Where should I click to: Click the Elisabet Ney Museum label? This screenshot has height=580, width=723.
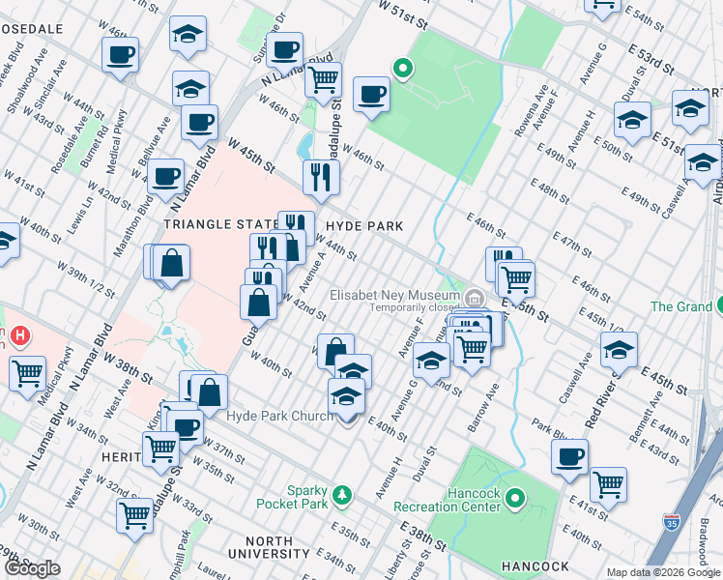[393, 295]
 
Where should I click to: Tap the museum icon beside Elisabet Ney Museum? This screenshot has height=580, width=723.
[474, 296]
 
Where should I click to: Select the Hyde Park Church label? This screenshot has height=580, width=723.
[280, 417]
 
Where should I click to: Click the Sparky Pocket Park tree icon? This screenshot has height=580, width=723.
[341, 496]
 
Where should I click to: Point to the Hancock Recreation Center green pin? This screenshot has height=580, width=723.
[515, 500]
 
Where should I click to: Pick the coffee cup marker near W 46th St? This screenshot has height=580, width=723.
[371, 94]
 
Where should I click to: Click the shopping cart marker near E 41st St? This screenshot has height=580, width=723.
[608, 484]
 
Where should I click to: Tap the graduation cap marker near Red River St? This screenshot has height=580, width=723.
[619, 349]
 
